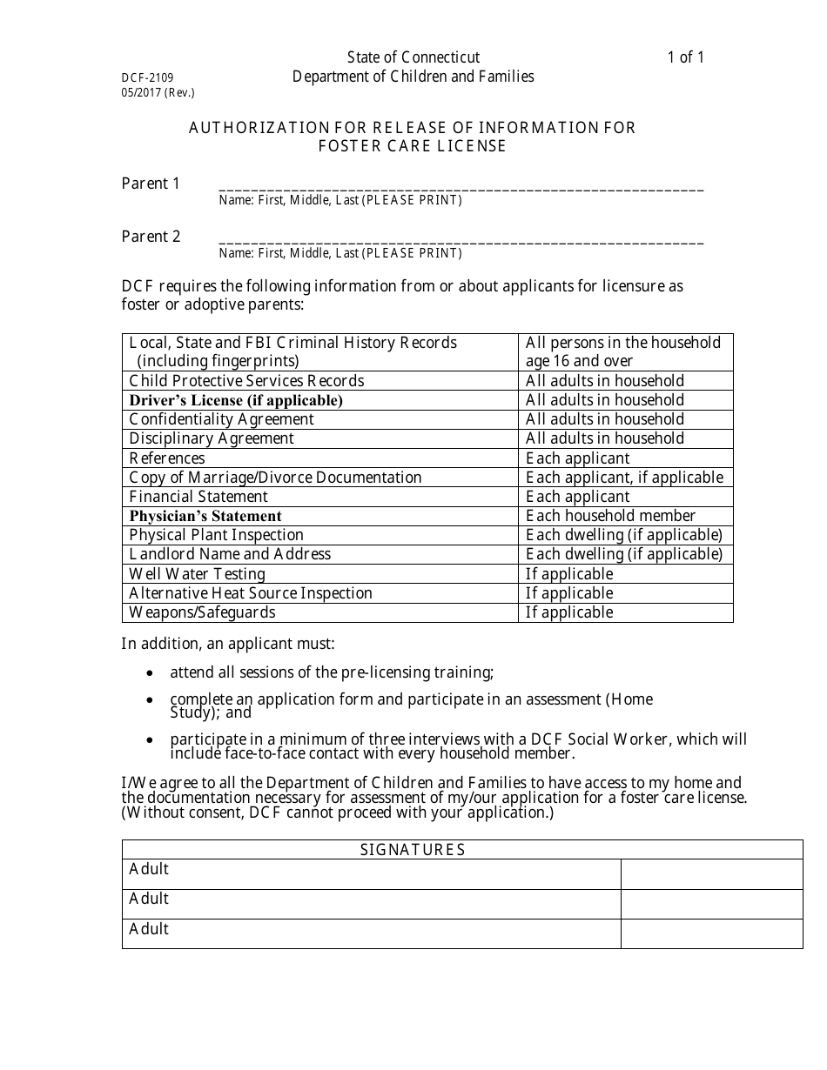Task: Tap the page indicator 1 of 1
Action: (x=685, y=57)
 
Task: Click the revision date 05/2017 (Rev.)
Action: (x=158, y=92)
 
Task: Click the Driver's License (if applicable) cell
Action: (x=236, y=400)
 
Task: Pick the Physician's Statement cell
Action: (x=205, y=516)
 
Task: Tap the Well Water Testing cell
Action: (x=197, y=574)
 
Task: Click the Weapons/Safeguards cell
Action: (x=202, y=612)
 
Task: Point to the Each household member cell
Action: (x=610, y=516)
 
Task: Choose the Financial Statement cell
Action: (x=198, y=497)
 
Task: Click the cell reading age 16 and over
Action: (x=579, y=361)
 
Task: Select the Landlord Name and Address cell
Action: (x=230, y=554)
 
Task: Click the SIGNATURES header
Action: (x=413, y=850)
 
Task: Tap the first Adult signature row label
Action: (x=149, y=869)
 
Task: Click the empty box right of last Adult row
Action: (x=711, y=933)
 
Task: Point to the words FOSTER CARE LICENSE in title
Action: (x=412, y=147)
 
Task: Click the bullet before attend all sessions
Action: (x=151, y=673)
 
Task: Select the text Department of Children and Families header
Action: (x=413, y=77)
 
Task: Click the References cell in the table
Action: (x=167, y=458)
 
